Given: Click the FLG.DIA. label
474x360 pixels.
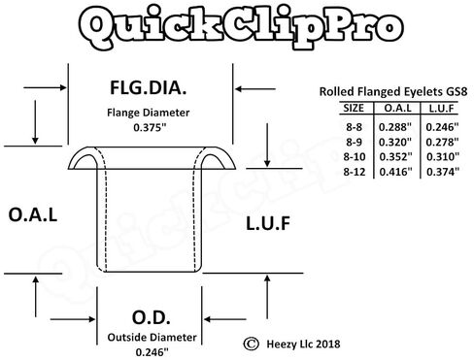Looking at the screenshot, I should pyautogui.click(x=149, y=90).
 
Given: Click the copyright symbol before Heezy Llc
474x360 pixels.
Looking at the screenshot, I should pyautogui.click(x=252, y=342).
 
